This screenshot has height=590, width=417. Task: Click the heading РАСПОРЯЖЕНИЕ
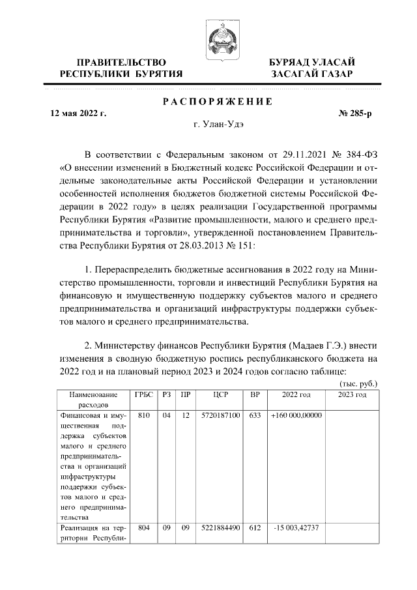point(216,101)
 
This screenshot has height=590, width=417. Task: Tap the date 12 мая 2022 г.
point(78,113)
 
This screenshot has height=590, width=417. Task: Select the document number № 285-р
point(355,113)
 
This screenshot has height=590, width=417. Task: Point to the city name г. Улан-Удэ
point(216,125)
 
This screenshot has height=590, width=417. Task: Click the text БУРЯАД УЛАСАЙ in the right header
point(312,62)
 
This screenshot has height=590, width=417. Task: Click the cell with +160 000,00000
point(296,415)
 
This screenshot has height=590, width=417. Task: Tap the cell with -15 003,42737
point(296,529)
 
